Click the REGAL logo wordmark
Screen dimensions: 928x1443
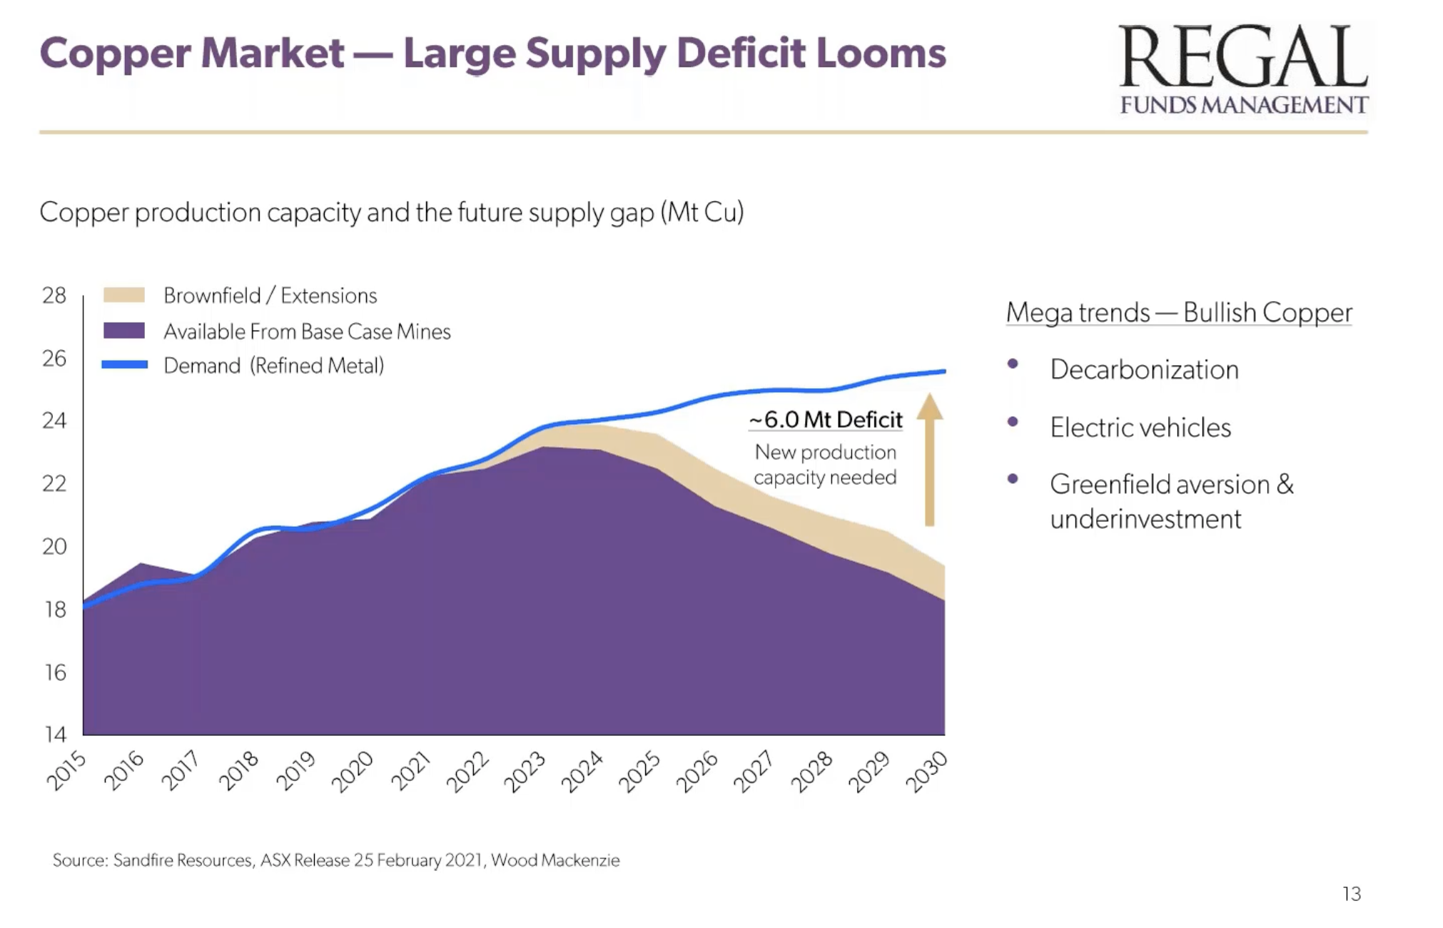(x=1242, y=57)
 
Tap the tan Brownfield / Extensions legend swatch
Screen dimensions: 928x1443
(x=123, y=295)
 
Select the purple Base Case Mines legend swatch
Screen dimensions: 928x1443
(x=123, y=331)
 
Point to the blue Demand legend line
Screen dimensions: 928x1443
(x=124, y=365)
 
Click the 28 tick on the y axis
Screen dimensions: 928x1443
(x=54, y=295)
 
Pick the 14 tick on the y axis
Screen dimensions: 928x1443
(x=54, y=734)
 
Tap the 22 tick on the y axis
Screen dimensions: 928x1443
(x=54, y=483)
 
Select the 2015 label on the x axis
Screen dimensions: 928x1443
(x=66, y=771)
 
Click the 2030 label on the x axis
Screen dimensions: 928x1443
(x=926, y=771)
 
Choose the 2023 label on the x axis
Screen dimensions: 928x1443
(x=525, y=771)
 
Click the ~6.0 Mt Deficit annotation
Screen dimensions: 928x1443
(x=826, y=420)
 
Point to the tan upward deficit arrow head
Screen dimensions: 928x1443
(x=929, y=407)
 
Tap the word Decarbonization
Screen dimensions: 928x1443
(x=1144, y=370)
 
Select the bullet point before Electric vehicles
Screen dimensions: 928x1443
(x=1013, y=422)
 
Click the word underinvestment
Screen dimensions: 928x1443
(x=1145, y=519)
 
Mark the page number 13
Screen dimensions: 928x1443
(x=1351, y=894)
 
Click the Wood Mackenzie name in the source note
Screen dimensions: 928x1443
(x=555, y=860)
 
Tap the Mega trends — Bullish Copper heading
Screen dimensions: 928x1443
(x=1178, y=313)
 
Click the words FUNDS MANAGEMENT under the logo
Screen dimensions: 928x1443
(x=1243, y=105)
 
